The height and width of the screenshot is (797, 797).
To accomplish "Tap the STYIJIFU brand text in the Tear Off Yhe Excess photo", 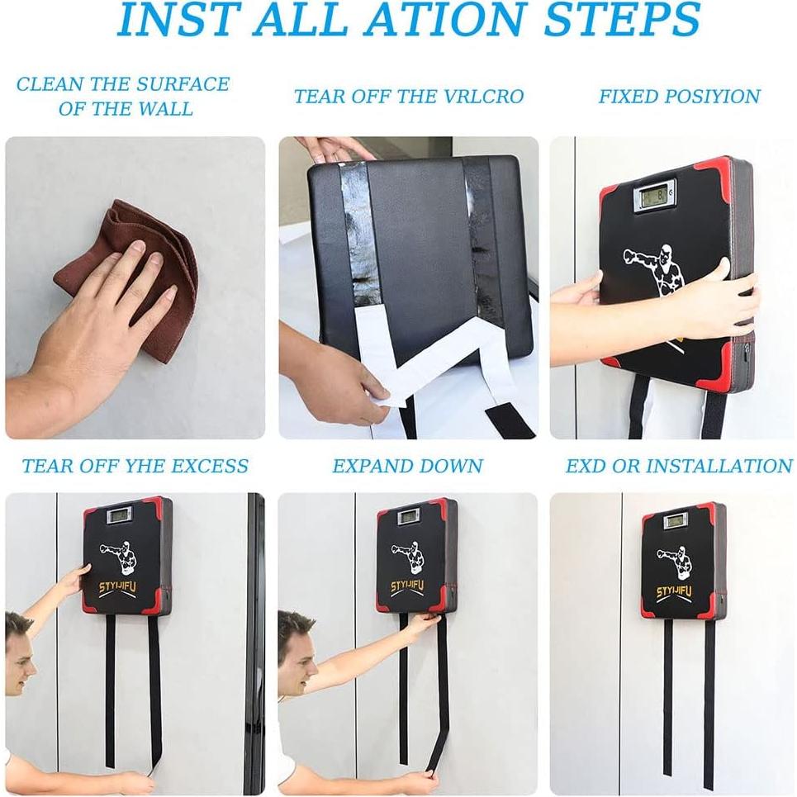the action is [117, 588].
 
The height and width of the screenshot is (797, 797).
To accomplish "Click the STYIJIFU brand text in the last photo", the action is [673, 591].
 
